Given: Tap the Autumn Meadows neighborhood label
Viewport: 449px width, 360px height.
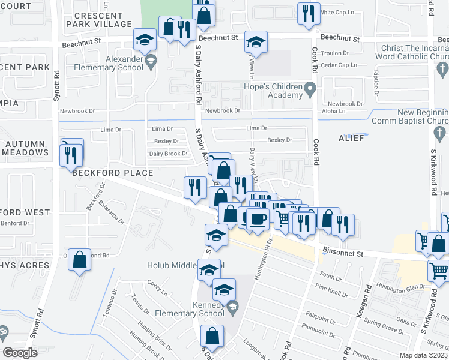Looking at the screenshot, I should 26,148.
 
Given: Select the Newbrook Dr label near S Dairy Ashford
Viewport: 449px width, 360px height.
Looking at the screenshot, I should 222,111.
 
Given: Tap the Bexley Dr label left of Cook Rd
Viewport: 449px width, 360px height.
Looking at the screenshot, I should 279,140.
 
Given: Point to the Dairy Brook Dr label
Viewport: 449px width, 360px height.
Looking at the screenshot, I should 169,154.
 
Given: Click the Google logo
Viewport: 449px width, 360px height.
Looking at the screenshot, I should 20,353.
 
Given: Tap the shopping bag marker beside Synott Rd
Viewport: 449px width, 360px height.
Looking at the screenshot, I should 79,260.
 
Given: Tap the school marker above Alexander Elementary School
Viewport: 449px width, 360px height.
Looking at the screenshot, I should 144,40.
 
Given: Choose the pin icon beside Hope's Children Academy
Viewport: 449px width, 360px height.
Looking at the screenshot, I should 310,91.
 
